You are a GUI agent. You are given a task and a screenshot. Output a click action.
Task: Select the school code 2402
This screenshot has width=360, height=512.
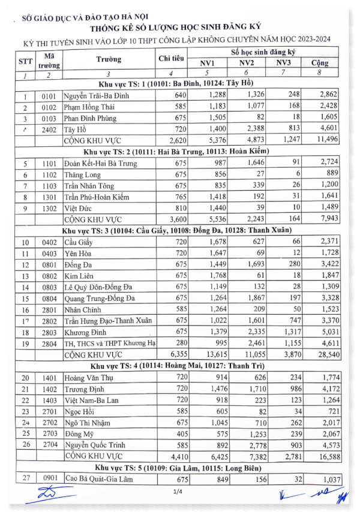pos(49,128)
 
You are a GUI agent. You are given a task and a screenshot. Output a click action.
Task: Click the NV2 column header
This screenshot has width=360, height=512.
pos(247,63)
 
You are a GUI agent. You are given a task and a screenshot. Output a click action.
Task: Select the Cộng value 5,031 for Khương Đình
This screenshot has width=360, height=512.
pos(328,332)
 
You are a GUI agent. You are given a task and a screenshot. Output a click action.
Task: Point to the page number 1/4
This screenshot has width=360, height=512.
pos(178,492)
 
